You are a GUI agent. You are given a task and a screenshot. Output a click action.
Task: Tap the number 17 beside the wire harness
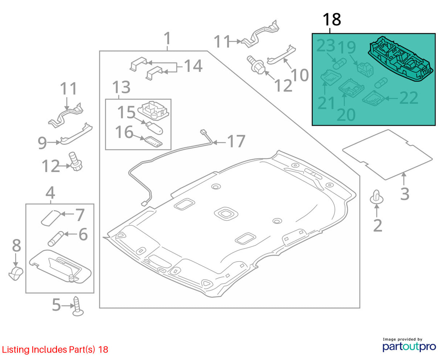click(x=236, y=141)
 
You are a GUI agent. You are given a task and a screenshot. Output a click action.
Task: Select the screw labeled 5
click(x=78, y=306)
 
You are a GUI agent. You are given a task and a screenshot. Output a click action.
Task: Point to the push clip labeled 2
click(x=376, y=197)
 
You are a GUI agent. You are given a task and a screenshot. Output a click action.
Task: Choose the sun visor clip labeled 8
click(x=16, y=273)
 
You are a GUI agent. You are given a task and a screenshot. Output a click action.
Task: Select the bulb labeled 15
click(x=154, y=128)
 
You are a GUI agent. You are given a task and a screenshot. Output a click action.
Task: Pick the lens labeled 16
click(x=154, y=142)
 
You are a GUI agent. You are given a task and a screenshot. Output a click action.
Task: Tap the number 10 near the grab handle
click(x=300, y=75)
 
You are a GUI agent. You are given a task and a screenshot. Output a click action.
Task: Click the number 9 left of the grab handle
click(x=42, y=143)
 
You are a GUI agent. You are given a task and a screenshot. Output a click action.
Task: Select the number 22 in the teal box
click(x=408, y=98)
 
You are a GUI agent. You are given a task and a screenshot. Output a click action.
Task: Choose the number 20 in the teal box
click(x=346, y=115)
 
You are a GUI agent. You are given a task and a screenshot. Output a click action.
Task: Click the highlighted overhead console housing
click(x=400, y=59)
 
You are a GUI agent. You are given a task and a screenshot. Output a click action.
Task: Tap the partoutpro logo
click(x=409, y=346)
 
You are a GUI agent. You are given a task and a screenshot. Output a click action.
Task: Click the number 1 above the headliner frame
click(x=167, y=38)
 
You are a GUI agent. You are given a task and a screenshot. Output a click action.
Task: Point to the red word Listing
click(x=16, y=349)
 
